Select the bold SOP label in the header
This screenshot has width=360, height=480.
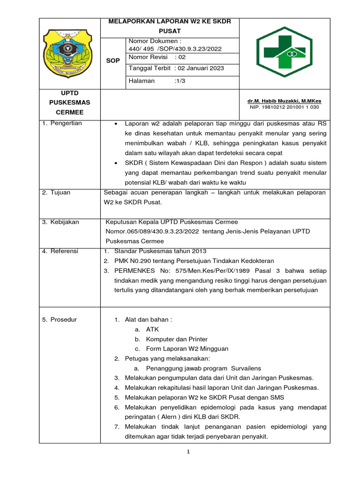tap(113, 61)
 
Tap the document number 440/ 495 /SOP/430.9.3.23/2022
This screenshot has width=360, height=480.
tap(175, 48)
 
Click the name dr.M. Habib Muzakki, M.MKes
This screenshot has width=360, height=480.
tap(284, 101)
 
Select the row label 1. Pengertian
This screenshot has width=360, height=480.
tap(62, 123)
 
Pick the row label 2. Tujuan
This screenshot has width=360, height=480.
tap(58, 192)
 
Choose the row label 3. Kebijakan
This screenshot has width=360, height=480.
tap(61, 222)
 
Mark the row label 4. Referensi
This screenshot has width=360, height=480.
tap(60, 251)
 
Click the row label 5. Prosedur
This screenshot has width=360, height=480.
tap(60, 320)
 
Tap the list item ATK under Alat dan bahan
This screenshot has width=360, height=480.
tap(152, 330)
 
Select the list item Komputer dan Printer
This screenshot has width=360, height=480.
tap(177, 339)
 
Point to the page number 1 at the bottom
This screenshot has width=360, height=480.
tap(188, 452)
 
